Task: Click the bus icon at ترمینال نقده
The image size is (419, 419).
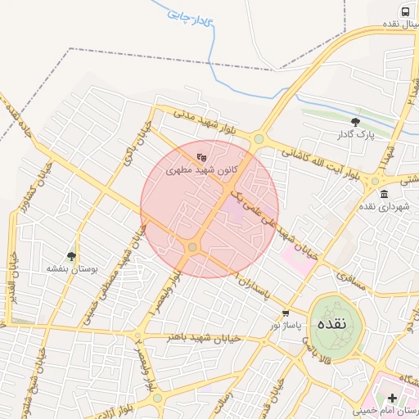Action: pos(404,11)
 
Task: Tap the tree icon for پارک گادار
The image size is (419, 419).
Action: pos(354,122)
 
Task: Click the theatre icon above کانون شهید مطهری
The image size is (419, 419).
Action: pos(202,157)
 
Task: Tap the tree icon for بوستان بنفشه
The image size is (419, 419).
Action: pos(72,256)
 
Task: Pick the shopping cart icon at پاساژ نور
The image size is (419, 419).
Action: pos(285,313)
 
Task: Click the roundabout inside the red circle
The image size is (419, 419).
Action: pos(192,246)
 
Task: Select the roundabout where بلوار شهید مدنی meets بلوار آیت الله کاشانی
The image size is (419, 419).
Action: pos(259,139)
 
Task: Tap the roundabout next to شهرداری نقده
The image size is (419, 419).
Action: pos(375,181)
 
